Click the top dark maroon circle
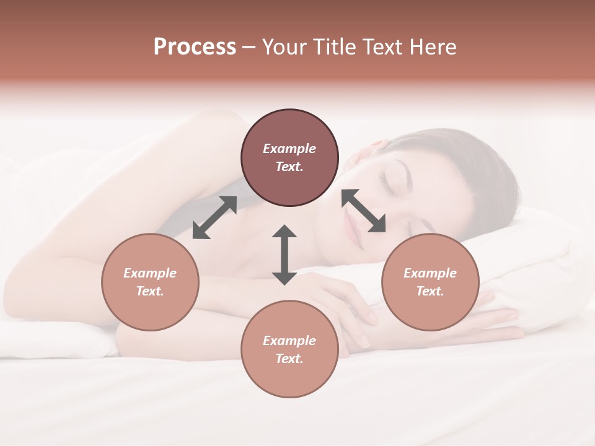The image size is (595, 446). (289, 158)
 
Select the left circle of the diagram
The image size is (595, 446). (150, 282)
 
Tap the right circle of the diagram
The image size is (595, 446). (430, 282)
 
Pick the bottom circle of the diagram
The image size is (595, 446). (289, 349)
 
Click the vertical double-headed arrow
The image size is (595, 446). (284, 255)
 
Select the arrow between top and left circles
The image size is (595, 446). (214, 217)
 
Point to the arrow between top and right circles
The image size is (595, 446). (363, 211)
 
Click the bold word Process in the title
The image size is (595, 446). (195, 46)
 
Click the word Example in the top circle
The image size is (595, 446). (289, 149)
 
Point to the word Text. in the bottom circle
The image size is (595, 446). (289, 359)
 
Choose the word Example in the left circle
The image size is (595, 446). (150, 273)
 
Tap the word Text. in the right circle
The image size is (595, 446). (430, 291)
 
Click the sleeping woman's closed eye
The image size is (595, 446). (390, 181)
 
